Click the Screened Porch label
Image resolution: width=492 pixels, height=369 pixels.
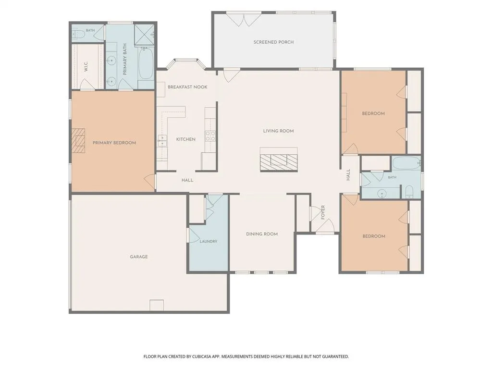273,42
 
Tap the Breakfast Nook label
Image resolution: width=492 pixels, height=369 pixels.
187,87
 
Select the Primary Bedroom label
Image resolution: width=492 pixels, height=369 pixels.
114,143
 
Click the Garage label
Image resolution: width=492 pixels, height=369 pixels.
139,257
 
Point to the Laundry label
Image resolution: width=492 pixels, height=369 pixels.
209,241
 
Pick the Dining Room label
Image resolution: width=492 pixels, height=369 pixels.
262,234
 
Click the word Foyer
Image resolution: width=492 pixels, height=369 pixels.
323,212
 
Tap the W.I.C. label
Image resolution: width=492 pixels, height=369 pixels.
86,67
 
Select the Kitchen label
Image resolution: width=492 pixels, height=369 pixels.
186,139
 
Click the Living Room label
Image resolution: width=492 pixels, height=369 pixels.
278,131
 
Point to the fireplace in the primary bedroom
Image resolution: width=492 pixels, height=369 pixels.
78,141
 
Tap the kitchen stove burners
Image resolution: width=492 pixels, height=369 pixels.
210,135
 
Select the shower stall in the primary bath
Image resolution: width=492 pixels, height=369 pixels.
145,34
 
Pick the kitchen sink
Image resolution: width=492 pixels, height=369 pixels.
162,141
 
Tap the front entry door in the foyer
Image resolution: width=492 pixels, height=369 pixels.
325,227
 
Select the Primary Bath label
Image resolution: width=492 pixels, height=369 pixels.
124,59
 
